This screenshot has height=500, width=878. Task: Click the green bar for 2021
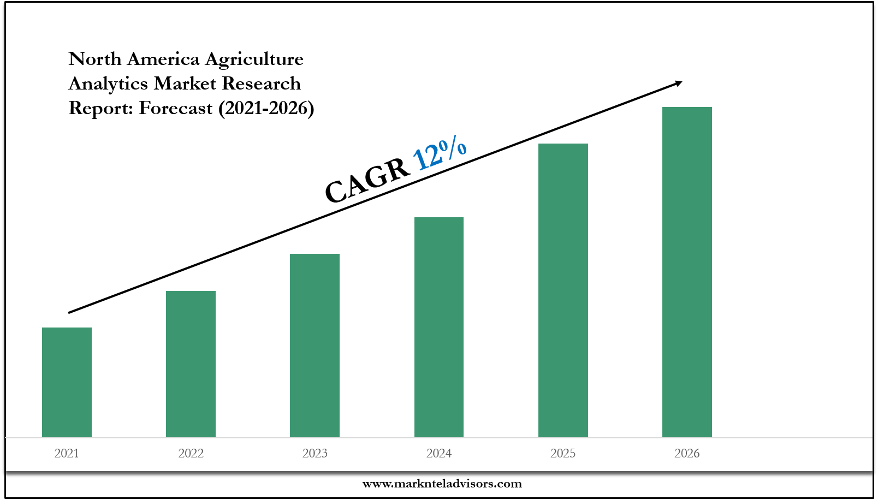tap(67, 382)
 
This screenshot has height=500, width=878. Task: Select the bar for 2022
tap(191, 364)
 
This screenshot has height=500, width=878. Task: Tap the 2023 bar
tap(315, 345)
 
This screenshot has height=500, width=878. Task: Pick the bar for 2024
tap(439, 327)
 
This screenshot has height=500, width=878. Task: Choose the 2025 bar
tap(563, 290)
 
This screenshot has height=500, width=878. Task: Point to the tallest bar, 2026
tap(687, 272)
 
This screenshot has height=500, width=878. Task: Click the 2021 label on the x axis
tap(67, 453)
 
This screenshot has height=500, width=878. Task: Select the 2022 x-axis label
tap(191, 453)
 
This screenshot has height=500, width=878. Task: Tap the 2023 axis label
tap(315, 453)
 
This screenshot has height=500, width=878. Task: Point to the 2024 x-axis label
tap(439, 453)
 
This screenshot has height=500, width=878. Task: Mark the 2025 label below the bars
tap(563, 453)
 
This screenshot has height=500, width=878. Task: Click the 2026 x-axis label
tap(687, 453)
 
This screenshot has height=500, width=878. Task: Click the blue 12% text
tap(440, 153)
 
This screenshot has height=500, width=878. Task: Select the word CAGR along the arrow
tap(367, 181)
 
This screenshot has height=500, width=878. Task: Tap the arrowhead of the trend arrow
tap(678, 83)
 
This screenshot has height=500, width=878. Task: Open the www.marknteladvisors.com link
tap(442, 484)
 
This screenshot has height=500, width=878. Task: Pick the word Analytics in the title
tap(108, 84)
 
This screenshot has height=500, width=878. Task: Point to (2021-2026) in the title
tap(266, 108)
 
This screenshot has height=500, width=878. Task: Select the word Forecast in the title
tap(175, 108)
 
